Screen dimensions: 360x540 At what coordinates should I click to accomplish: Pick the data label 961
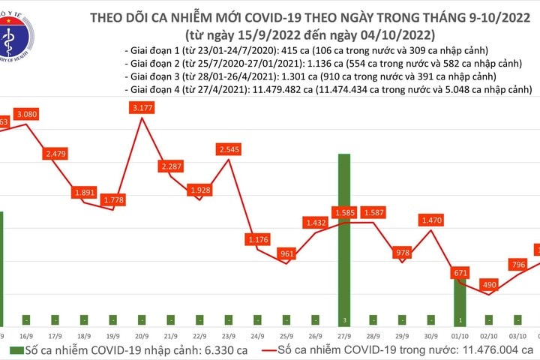tap(287, 253)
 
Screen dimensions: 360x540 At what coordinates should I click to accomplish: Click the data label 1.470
tap(431, 221)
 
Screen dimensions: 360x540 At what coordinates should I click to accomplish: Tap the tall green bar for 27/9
tap(343, 240)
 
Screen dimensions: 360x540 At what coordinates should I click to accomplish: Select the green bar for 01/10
tap(459, 300)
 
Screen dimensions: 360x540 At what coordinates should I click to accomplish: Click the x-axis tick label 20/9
tap(139, 338)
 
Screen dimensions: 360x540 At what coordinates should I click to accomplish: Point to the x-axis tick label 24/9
tap(257, 338)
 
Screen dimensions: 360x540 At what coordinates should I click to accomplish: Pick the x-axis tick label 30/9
tap(432, 338)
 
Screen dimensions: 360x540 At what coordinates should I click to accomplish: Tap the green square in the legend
tap(16, 350)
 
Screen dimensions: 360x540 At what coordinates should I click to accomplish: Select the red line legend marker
tap(268, 350)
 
